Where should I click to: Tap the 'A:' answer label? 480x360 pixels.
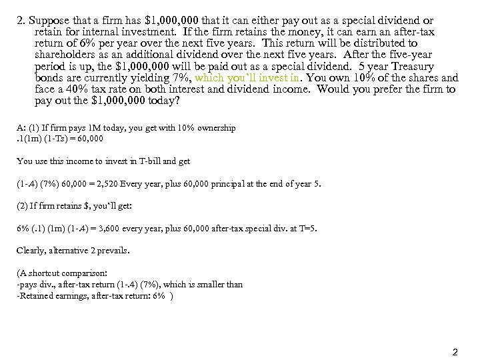[21, 127]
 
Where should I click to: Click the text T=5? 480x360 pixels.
[308, 229]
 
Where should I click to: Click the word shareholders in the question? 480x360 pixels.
[66, 55]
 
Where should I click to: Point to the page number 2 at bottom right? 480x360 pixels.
[455, 351]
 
